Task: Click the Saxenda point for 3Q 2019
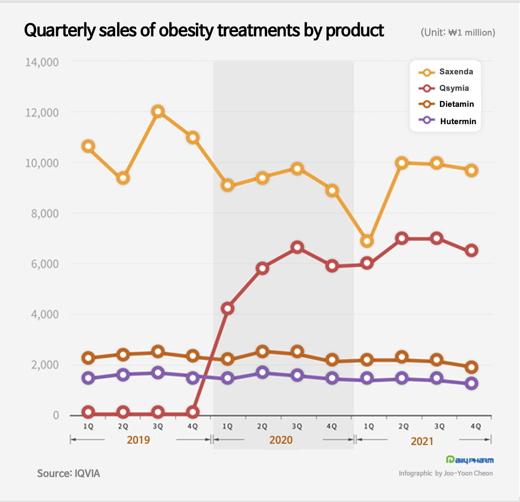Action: (x=158, y=111)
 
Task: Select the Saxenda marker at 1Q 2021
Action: (x=367, y=241)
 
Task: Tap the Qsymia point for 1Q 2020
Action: (x=227, y=308)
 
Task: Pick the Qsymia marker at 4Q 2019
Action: (x=193, y=412)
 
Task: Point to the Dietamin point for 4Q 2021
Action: (x=471, y=367)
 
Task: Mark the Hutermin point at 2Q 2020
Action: (x=262, y=372)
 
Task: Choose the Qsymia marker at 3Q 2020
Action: (x=297, y=247)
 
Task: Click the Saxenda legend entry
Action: (x=456, y=72)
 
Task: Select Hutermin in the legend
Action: (x=458, y=121)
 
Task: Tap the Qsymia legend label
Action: (x=454, y=88)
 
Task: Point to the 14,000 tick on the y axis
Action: (x=41, y=62)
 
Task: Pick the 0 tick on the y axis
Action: (x=56, y=415)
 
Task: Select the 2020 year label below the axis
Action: (x=281, y=440)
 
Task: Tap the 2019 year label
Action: (x=138, y=440)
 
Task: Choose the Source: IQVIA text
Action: (x=69, y=473)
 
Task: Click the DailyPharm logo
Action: (x=470, y=460)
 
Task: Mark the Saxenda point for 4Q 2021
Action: (x=471, y=170)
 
